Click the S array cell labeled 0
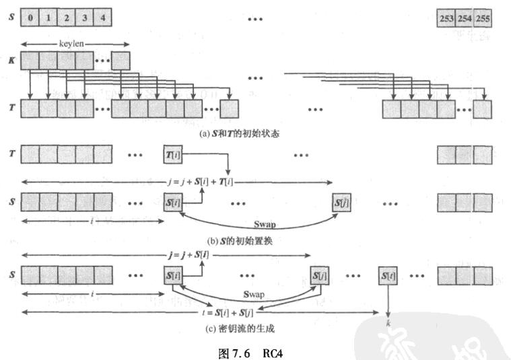(x=30, y=19)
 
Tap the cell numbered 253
(x=446, y=19)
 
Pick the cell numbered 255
(x=483, y=19)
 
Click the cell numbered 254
(x=465, y=19)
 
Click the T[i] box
(x=173, y=155)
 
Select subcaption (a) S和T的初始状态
(x=240, y=133)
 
